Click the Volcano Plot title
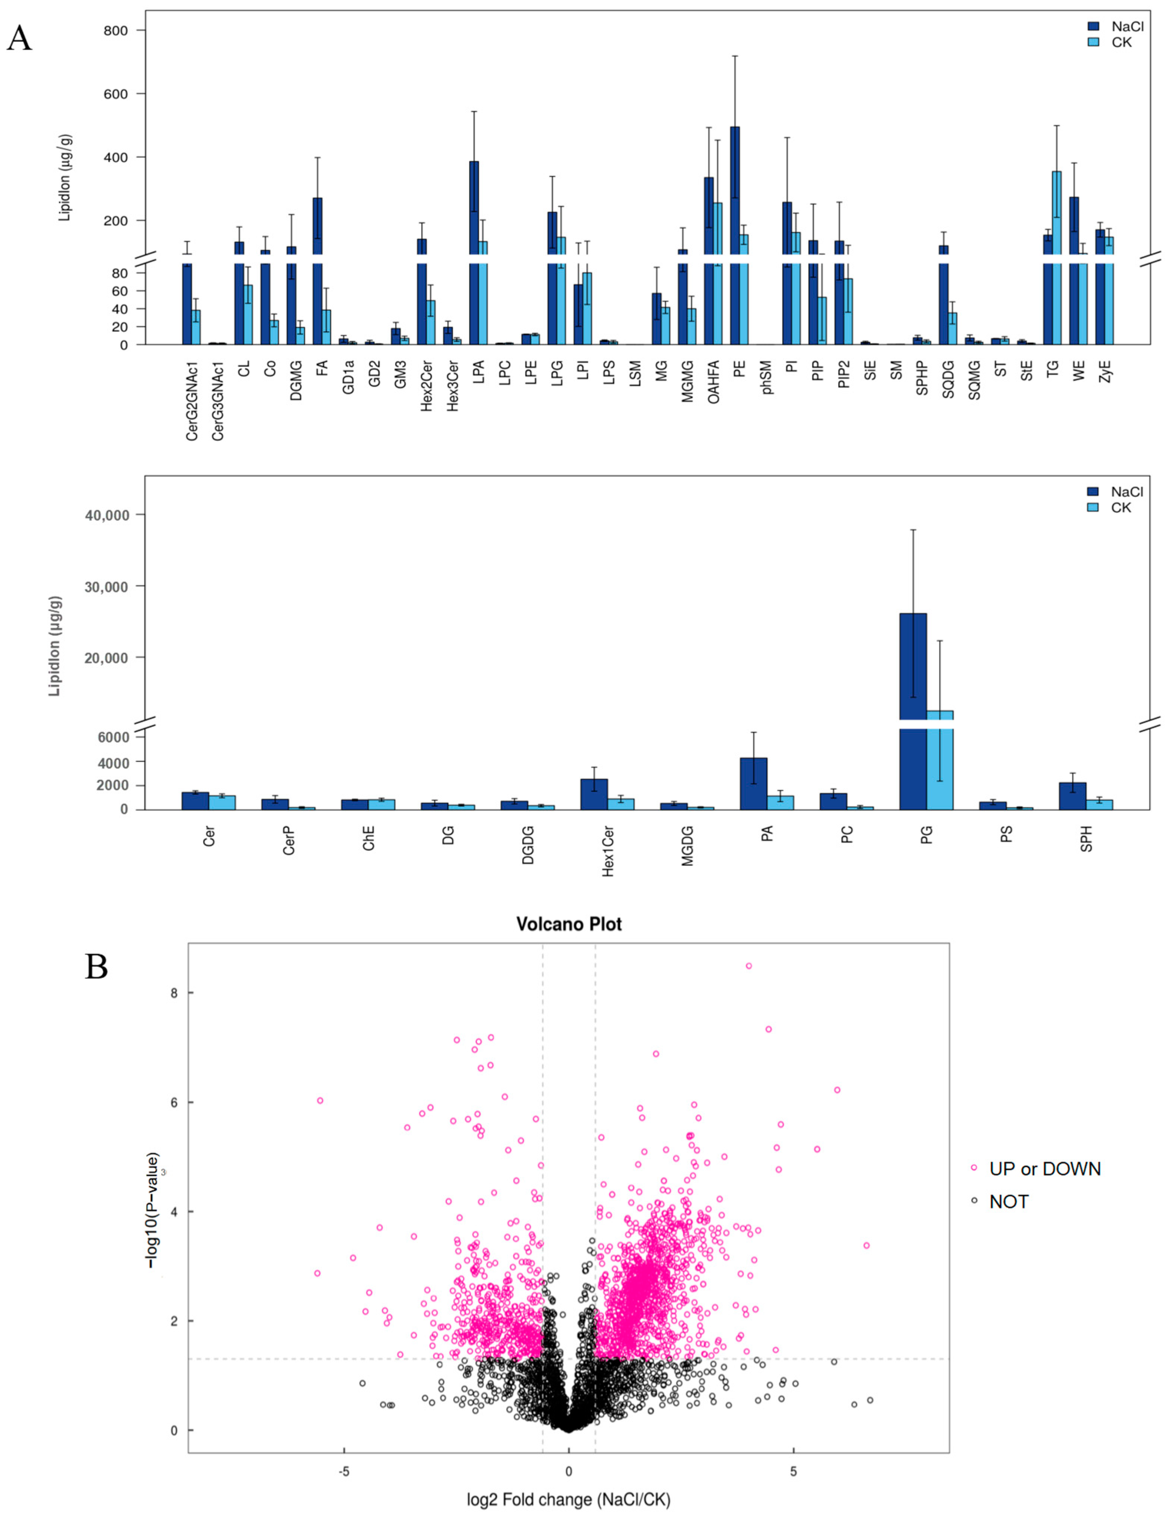[x=568, y=924]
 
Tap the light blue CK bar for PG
[x=940, y=763]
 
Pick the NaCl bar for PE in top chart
[x=734, y=208]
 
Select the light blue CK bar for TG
[x=1056, y=222]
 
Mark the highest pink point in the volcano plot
[x=748, y=966]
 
